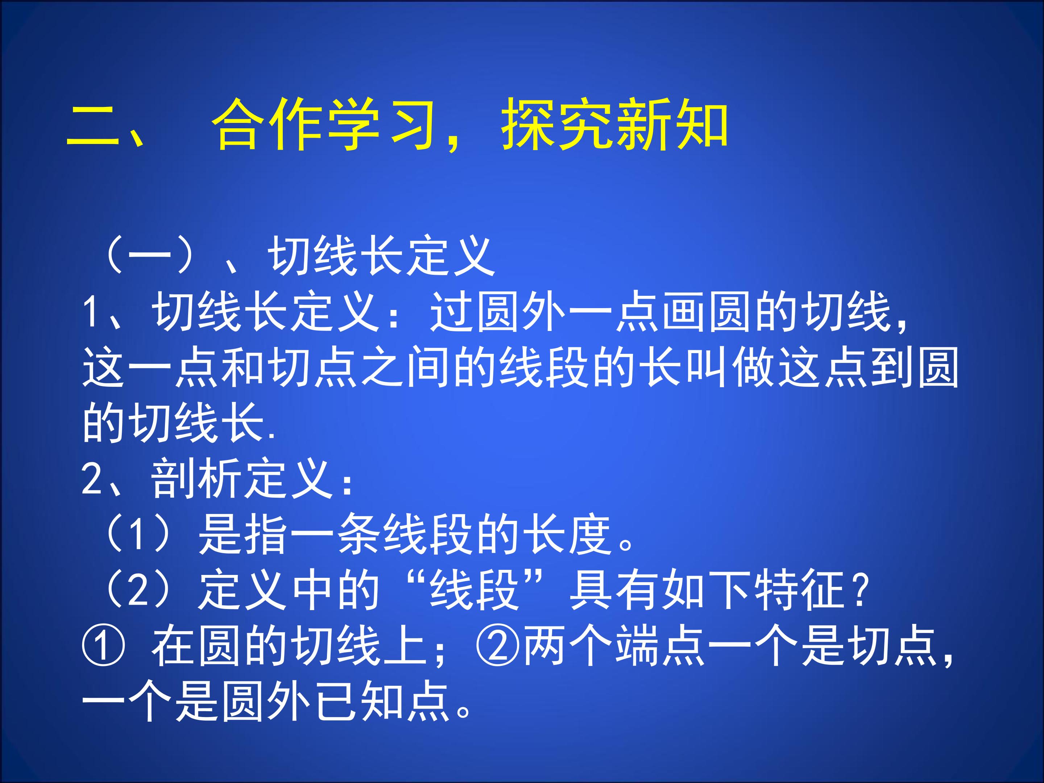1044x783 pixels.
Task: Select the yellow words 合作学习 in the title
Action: (324, 124)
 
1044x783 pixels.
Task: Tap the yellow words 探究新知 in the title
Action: (614, 124)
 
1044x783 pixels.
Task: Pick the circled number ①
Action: (103, 646)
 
